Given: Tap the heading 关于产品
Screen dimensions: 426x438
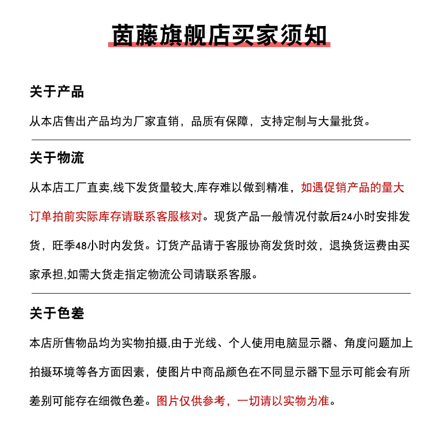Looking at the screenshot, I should point(57,91).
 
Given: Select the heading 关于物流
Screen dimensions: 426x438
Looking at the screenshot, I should point(57,158).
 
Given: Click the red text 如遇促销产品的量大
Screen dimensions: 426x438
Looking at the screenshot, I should point(352,188).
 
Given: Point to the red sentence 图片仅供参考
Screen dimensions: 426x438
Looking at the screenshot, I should point(192,401).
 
